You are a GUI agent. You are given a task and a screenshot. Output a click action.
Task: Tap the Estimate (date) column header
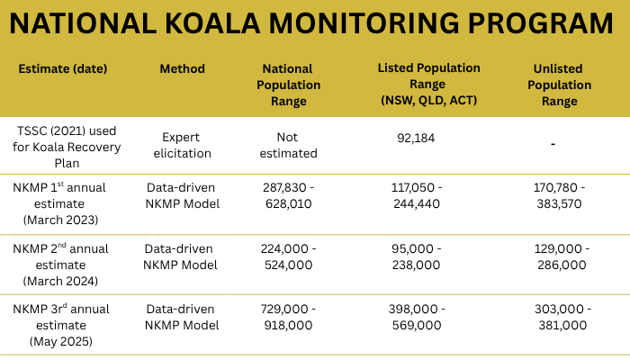(x=62, y=69)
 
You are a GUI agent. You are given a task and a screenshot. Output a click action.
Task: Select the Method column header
(x=182, y=69)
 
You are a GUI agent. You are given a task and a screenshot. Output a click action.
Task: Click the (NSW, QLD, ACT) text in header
(x=428, y=101)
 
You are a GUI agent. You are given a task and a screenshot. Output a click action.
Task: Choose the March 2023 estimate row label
(x=65, y=203)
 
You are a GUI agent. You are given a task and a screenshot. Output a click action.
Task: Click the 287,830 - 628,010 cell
(x=289, y=195)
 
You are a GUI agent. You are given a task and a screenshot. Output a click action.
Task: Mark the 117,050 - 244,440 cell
(x=416, y=195)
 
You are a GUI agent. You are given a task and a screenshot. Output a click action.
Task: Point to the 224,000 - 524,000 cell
(x=289, y=256)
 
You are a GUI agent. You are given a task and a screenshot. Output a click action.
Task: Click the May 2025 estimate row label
(x=63, y=325)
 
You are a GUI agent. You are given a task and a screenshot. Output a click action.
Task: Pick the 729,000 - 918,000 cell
(x=289, y=317)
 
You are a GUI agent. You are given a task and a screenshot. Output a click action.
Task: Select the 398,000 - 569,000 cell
(x=416, y=317)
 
